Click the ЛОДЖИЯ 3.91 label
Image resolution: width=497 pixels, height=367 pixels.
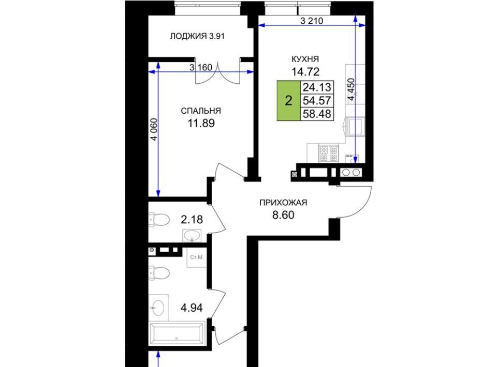click(197, 36)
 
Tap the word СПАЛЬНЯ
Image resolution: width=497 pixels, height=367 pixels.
click(201, 111)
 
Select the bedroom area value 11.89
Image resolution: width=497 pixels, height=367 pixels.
click(201, 123)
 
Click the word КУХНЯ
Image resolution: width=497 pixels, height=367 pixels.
click(305, 59)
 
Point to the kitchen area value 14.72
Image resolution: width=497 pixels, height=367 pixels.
click(305, 72)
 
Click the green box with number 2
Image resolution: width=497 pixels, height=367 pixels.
click(288, 101)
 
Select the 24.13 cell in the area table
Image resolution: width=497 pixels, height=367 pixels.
click(317, 87)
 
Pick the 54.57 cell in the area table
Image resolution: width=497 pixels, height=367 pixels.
click(317, 101)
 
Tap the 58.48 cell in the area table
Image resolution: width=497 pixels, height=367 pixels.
click(317, 114)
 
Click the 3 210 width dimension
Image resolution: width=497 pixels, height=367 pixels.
click(312, 21)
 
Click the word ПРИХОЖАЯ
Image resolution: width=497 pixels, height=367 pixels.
click(283, 203)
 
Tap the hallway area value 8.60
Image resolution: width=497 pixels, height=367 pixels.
click(283, 215)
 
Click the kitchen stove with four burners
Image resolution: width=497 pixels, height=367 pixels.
click(328, 153)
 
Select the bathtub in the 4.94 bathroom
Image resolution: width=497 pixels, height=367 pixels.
click(177, 334)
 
